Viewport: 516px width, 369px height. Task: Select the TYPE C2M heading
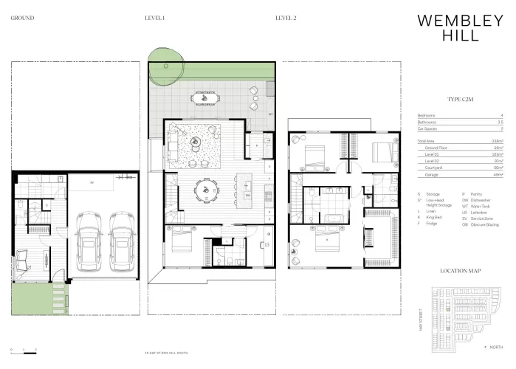(459, 98)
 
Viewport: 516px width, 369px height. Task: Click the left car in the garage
(89, 241)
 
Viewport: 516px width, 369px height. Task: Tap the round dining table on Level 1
(203, 190)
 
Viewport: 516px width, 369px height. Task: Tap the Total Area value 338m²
(497, 140)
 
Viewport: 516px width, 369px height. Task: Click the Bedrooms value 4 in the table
(500, 116)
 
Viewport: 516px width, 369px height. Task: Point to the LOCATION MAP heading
(459, 271)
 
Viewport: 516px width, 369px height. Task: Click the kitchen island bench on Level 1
(247, 189)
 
